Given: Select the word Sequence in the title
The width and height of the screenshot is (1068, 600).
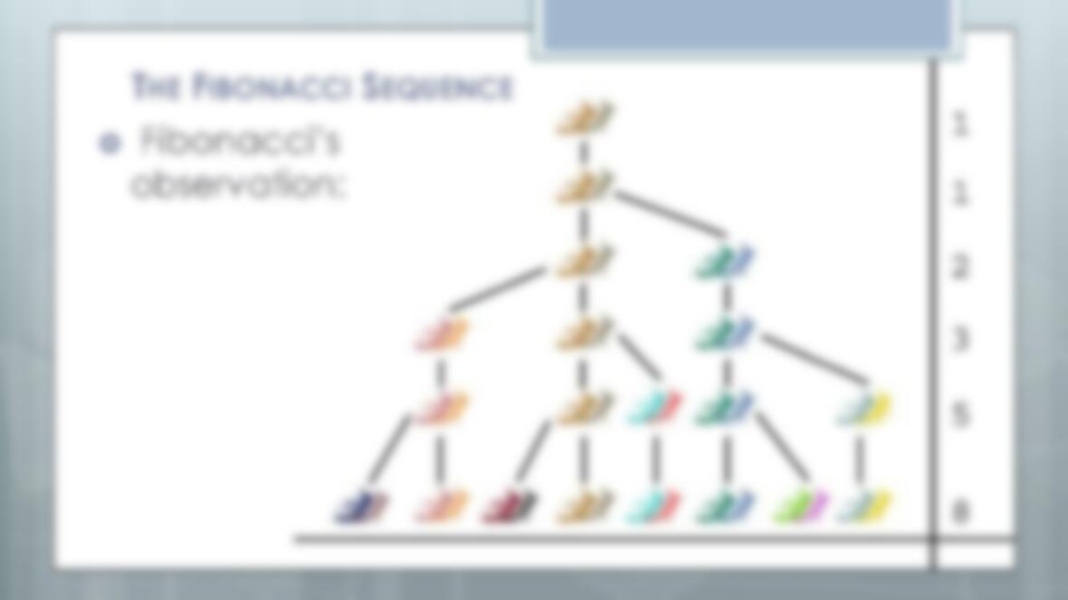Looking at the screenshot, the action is click(x=436, y=87).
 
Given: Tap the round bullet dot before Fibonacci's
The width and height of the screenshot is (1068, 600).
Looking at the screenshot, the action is click(x=110, y=144).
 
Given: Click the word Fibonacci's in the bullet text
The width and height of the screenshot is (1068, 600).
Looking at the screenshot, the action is click(x=239, y=141).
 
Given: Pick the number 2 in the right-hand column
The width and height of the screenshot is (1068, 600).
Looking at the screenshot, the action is click(x=959, y=266).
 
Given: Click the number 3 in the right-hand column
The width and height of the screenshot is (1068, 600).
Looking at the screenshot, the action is click(x=959, y=338).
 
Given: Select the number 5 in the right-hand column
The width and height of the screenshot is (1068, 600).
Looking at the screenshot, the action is click(x=959, y=414).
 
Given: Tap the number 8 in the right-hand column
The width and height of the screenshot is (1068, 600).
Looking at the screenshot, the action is click(x=959, y=510).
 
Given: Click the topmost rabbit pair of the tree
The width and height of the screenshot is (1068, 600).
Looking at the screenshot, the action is click(x=585, y=117).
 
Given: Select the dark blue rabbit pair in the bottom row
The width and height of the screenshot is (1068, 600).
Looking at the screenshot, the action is click(x=362, y=508).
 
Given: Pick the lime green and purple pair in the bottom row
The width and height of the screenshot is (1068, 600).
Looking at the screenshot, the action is click(x=800, y=507).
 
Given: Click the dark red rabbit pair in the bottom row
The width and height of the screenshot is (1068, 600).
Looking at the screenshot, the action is click(x=509, y=508).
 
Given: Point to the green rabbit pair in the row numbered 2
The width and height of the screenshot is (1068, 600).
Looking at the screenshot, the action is click(x=725, y=262).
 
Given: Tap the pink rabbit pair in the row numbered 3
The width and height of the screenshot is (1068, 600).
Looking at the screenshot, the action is click(x=442, y=335).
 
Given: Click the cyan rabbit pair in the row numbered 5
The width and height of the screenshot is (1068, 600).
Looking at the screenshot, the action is click(x=653, y=408).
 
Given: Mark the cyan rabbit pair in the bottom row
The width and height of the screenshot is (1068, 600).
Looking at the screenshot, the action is click(x=653, y=508).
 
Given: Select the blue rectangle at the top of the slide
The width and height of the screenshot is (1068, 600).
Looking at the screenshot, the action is click(x=748, y=24).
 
